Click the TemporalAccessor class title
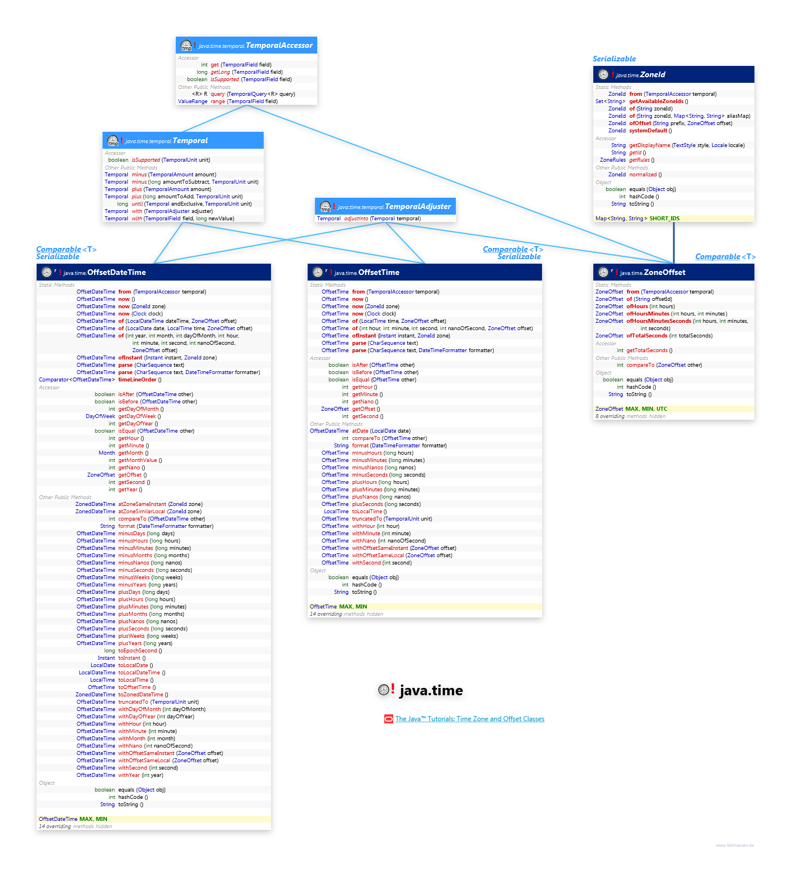pos(279,45)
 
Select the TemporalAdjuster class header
pos(418,207)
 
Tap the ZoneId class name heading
pos(652,74)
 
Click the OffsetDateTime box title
pos(116,272)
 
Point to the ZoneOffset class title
pos(664,272)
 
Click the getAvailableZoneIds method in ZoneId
pos(656,101)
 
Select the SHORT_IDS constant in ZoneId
pos(664,219)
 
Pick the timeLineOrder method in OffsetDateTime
pos(137,380)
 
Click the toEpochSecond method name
pos(137,651)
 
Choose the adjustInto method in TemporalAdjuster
pos(356,219)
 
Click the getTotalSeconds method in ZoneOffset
pos(647,350)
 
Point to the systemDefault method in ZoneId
pos(648,131)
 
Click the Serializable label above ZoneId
pos(614,59)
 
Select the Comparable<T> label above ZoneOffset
pos(725,257)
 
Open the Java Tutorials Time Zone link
pos(469,719)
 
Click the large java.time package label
pos(430,691)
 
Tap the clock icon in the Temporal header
pos(113,140)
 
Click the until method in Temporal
pos(137,204)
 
